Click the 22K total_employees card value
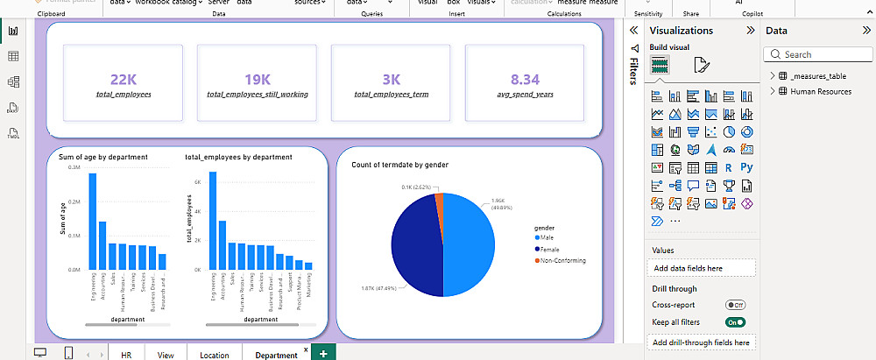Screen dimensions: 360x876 click(123, 78)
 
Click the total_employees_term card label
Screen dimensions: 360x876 click(391, 93)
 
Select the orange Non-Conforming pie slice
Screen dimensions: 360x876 click(439, 201)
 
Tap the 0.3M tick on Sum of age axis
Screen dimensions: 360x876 click(73, 167)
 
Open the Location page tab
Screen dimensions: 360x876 click(214, 355)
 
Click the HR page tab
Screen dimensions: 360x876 click(126, 355)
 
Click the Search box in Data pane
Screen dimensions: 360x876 click(817, 54)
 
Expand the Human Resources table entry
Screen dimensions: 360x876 click(772, 91)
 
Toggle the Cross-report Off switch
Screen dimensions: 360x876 click(735, 305)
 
